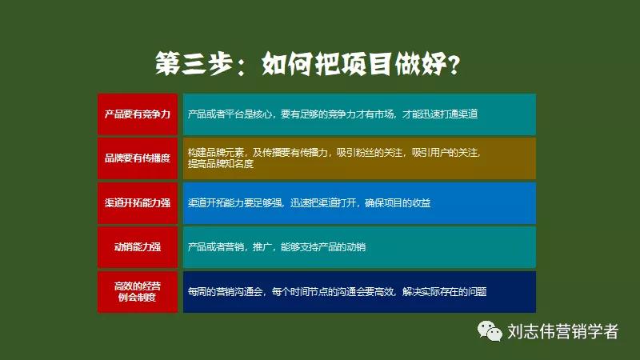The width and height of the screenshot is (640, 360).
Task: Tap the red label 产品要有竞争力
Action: pos(138,114)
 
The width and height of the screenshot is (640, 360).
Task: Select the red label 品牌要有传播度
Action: pos(138,158)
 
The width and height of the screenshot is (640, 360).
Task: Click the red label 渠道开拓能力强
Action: pos(138,203)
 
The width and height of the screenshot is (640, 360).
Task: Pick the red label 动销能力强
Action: pos(138,247)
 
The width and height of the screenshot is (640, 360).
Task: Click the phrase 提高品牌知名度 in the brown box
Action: pos(220,163)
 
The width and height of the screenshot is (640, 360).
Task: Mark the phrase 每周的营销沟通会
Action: pos(226,292)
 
